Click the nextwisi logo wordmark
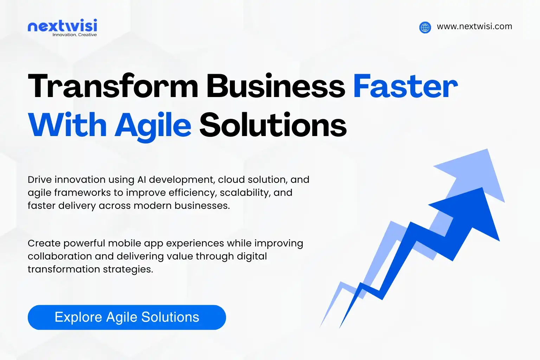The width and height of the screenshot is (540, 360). [x=62, y=26]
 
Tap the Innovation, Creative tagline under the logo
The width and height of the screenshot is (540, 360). [x=75, y=35]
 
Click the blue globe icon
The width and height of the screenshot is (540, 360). [x=425, y=27]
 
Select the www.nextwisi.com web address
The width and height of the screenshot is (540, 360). [x=474, y=26]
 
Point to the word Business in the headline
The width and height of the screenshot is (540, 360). [x=276, y=86]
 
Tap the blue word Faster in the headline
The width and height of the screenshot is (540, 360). [x=405, y=86]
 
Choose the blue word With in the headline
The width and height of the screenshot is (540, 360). [x=67, y=125]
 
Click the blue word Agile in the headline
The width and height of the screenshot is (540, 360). [x=153, y=126]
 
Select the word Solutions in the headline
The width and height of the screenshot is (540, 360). [x=273, y=125]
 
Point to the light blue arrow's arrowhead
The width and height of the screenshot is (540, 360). [x=475, y=172]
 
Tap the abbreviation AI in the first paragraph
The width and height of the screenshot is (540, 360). [x=142, y=180]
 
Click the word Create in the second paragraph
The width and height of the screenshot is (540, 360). [x=44, y=243]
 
